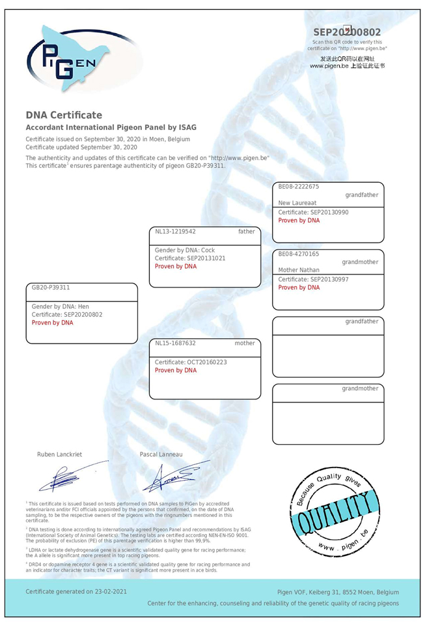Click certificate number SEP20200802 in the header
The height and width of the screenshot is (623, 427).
[x=347, y=32]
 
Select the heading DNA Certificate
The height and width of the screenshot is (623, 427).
[x=64, y=115]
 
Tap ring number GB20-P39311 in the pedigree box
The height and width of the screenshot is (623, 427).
[x=51, y=287]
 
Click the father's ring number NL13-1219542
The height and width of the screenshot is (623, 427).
[x=176, y=231]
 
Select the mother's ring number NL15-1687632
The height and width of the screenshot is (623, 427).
[x=176, y=343]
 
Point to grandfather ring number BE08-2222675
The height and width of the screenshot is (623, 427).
[x=299, y=187]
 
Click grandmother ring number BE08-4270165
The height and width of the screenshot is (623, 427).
[x=299, y=254]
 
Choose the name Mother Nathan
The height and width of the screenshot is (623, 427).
[x=298, y=270]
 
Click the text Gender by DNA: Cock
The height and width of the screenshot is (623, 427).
[x=185, y=250]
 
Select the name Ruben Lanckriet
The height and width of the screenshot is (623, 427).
[x=60, y=455]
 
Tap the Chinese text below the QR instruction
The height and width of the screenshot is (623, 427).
[x=347, y=62]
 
